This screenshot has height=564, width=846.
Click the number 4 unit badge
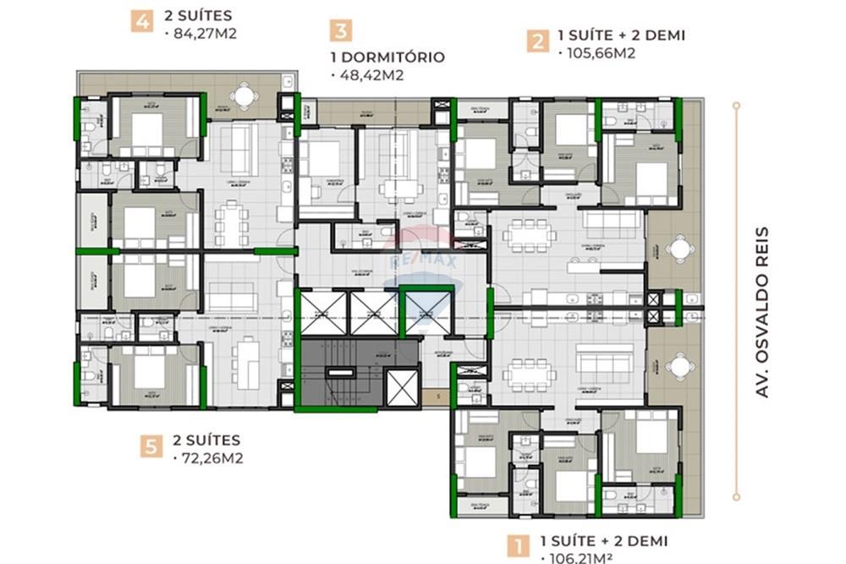coord(141,20)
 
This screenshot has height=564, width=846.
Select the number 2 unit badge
coord(536,41)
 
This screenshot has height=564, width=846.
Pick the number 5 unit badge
coord(151,446)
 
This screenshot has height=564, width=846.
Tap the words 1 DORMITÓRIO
coord(386,57)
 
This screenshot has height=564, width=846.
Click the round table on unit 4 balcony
coord(244,96)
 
